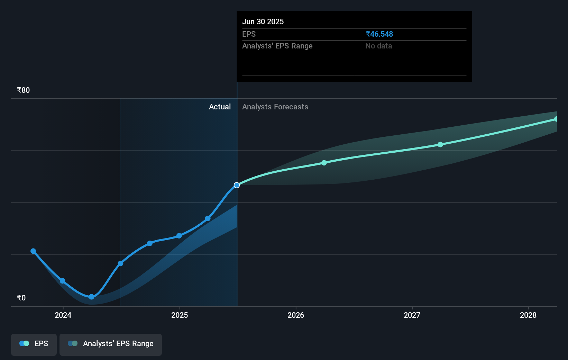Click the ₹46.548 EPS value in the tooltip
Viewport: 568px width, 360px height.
click(x=379, y=34)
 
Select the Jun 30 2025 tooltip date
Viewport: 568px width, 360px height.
click(x=263, y=21)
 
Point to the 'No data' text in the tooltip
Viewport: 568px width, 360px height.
click(x=378, y=46)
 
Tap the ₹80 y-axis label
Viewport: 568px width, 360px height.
click(x=24, y=90)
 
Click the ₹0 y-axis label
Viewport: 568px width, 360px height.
click(x=21, y=298)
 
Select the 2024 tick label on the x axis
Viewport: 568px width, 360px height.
click(x=63, y=315)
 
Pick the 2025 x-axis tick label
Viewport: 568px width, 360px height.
click(x=180, y=315)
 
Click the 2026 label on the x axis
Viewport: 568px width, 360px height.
click(x=296, y=315)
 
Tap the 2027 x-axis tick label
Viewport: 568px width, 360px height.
click(x=412, y=315)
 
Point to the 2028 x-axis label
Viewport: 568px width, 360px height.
click(x=528, y=315)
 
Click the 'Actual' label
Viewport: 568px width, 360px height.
click(x=220, y=107)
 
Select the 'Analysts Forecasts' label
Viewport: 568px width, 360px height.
click(x=275, y=107)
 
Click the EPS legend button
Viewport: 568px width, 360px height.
click(x=34, y=344)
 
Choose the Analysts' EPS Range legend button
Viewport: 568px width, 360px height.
click(x=111, y=344)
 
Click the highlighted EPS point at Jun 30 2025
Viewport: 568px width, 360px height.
click(x=237, y=185)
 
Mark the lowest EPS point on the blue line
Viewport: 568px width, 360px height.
click(x=91, y=297)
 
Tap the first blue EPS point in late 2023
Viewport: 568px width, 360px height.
click(x=33, y=251)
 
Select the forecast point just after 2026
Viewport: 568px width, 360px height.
click(x=324, y=163)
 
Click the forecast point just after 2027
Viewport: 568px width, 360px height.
click(x=440, y=145)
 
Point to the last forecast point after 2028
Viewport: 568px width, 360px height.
click(x=556, y=119)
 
